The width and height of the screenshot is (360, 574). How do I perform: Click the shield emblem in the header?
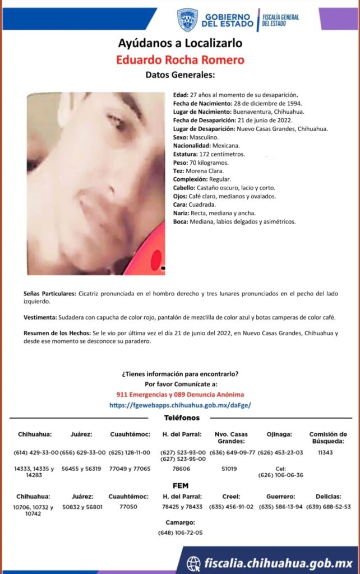tap(187, 20)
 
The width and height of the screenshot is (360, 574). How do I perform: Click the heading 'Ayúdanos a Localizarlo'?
tap(180, 43)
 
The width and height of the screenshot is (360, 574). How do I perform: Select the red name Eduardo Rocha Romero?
tap(180, 59)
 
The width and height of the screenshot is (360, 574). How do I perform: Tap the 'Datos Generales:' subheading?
tap(180, 75)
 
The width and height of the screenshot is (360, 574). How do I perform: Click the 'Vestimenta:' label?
tap(40, 317)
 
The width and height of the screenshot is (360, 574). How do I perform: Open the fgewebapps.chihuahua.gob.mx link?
tap(180, 405)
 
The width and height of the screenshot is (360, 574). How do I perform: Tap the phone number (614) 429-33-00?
tap(35, 452)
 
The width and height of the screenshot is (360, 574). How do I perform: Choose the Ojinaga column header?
tap(280, 434)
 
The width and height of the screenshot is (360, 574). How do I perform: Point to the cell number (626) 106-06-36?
tap(280, 475)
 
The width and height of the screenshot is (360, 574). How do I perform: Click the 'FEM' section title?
tap(181, 485)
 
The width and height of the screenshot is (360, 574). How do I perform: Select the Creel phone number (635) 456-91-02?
tap(232, 507)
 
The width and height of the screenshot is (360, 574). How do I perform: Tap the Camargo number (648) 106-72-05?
tap(181, 533)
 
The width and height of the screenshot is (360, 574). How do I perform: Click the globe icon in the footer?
tap(193, 563)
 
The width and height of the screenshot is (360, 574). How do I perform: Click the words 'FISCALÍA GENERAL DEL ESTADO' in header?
tap(280, 20)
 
